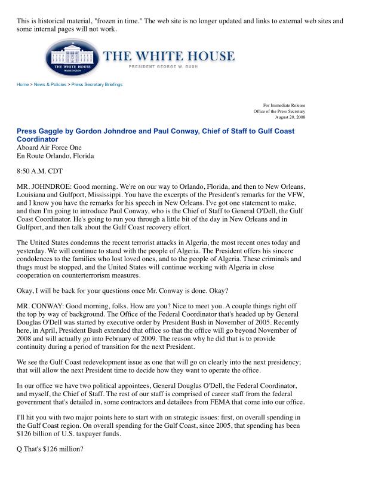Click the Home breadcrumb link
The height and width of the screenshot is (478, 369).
pyautogui.click(x=23, y=85)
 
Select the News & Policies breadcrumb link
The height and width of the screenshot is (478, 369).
pyautogui.click(x=50, y=85)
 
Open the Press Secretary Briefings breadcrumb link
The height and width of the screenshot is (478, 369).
pyautogui.click(x=97, y=85)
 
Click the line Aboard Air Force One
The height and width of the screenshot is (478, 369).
pyautogui.click(x=49, y=148)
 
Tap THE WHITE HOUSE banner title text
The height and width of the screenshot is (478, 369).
pyautogui.click(x=169, y=57)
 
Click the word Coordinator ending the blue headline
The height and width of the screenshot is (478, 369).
pyautogui.click(x=38, y=139)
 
